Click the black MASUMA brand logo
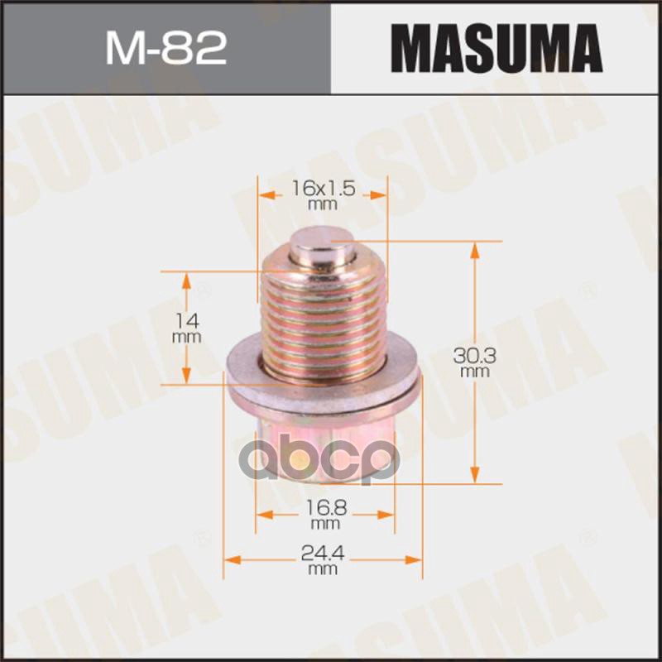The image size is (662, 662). point(496,48)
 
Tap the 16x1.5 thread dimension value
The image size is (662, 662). point(324,189)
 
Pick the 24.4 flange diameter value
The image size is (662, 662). point(324,559)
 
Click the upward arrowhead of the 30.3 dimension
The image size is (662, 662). point(475,247)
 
